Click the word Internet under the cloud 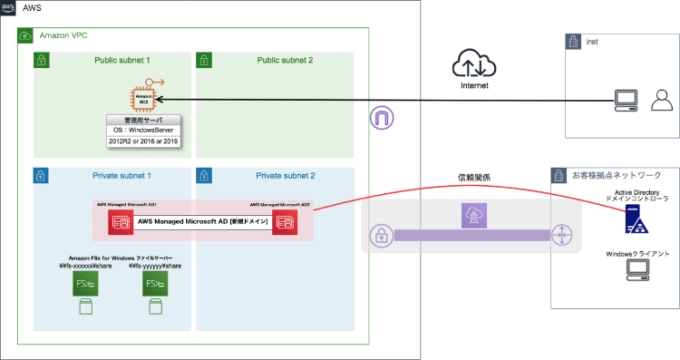(x=475, y=87)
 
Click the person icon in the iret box (x=660, y=98)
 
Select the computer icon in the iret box (x=626, y=99)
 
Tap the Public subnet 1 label (x=121, y=60)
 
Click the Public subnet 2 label (x=284, y=60)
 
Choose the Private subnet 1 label (x=122, y=174)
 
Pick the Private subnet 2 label (x=285, y=174)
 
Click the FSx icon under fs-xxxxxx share (x=85, y=286)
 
